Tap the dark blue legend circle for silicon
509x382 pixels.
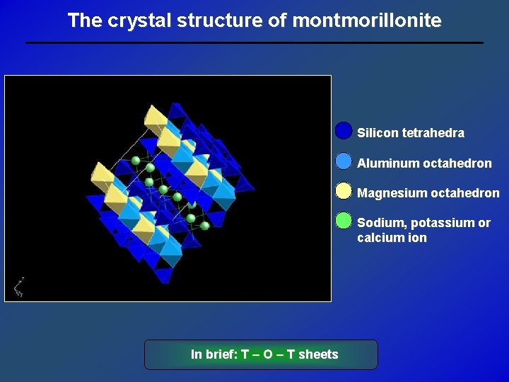tap(344, 132)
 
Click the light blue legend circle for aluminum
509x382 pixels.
tap(344, 161)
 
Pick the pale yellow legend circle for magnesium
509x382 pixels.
tap(344, 192)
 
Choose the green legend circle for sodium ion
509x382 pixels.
tap(344, 221)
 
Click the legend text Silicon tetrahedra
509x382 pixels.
tap(410, 133)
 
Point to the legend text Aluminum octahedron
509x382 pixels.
tap(424, 163)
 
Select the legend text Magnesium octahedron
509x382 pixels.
tap(428, 193)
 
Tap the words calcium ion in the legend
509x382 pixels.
tap(392, 238)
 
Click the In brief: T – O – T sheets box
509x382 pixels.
tap(261, 354)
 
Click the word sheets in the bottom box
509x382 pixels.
tap(318, 354)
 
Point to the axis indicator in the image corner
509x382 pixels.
tap(18, 286)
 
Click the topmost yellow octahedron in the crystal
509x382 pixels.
tap(155, 116)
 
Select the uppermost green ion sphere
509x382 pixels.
tap(136, 161)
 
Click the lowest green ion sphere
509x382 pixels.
tap(204, 226)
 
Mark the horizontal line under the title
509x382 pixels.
tap(255, 43)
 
